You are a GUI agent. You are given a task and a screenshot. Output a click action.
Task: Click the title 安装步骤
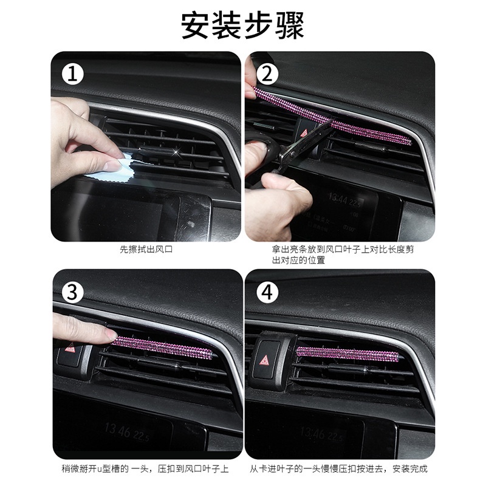tap(242, 26)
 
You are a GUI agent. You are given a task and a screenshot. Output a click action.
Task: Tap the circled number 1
tap(72, 74)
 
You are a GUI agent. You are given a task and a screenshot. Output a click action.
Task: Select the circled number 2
tap(267, 74)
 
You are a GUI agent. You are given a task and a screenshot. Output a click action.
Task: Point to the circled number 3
tap(72, 292)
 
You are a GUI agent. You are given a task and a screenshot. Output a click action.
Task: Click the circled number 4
tap(267, 292)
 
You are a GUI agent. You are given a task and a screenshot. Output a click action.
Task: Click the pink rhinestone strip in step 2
tap(332, 116)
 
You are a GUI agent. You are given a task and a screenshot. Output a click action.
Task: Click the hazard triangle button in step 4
tap(265, 360)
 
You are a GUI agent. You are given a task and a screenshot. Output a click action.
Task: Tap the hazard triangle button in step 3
tap(70, 349)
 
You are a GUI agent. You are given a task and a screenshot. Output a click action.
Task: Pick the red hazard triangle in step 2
tap(304, 133)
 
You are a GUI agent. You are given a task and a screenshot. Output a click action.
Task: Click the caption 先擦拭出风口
tap(146, 249)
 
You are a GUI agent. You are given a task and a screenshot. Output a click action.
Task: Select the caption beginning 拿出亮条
tap(343, 255)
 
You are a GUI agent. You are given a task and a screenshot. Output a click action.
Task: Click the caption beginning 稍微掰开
tap(145, 468)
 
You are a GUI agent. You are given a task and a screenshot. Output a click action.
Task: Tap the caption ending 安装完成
tap(338, 468)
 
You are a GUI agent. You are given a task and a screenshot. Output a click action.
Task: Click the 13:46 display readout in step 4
tap(312, 433)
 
